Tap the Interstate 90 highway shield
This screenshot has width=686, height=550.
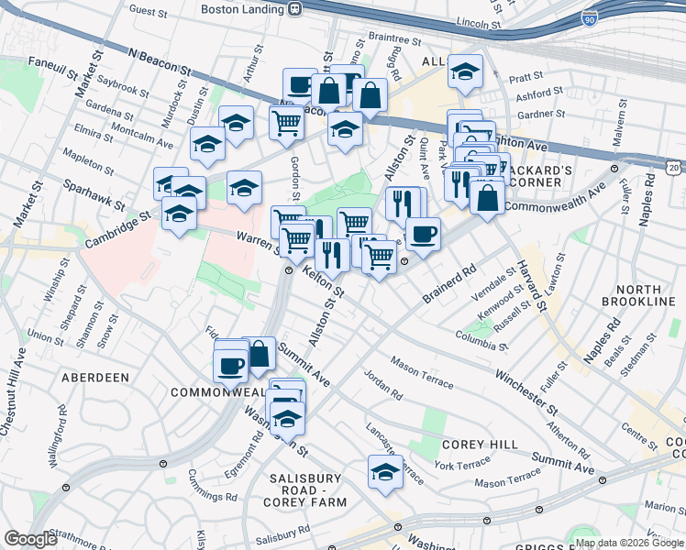(589, 16)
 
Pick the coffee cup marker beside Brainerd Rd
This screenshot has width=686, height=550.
(423, 235)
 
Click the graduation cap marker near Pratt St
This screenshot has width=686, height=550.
(466, 71)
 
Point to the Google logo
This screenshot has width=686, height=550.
(31, 539)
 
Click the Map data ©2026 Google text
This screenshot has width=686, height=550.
(628, 543)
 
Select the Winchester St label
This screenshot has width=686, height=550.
(526, 390)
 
